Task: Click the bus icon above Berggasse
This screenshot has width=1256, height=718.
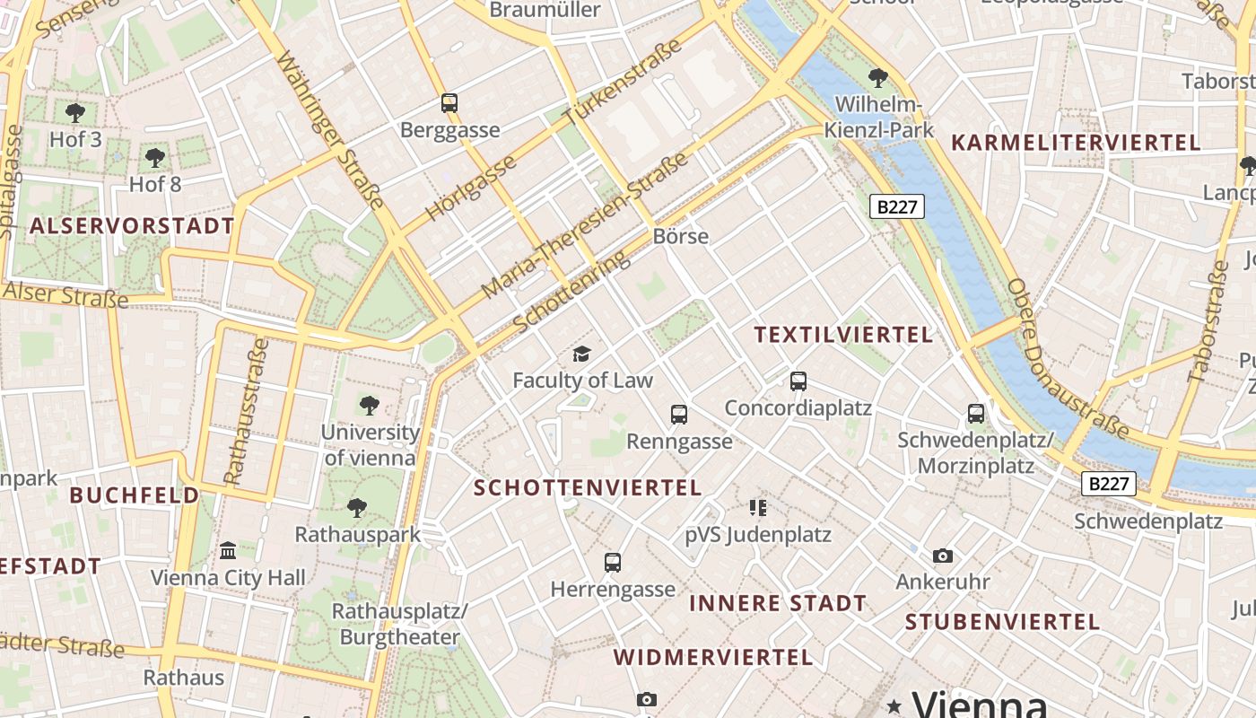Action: (x=449, y=103)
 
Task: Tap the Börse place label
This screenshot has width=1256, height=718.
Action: (x=681, y=236)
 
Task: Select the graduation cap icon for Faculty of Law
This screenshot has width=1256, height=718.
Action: (x=582, y=354)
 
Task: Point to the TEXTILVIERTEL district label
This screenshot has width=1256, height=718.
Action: (x=843, y=335)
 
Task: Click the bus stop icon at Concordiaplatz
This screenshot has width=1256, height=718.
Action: (x=798, y=381)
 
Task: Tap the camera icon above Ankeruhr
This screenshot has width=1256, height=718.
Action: (x=942, y=556)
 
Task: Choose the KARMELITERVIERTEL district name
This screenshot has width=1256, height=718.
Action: (x=1075, y=143)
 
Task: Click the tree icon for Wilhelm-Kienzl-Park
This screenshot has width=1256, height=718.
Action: (x=878, y=78)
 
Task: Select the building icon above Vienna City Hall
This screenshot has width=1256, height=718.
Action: (x=228, y=550)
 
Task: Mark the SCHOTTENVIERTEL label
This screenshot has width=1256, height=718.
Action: (x=588, y=487)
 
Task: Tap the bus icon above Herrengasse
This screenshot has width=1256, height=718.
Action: (x=613, y=563)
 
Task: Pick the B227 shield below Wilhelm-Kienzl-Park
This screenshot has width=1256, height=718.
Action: (x=897, y=207)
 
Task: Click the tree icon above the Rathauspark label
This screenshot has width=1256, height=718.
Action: (x=357, y=508)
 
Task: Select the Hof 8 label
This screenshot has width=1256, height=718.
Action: (x=155, y=184)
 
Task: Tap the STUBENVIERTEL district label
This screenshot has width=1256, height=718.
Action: (x=1002, y=622)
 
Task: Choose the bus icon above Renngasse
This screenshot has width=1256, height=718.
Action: (x=679, y=415)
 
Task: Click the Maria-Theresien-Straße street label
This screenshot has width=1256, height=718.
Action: (x=585, y=225)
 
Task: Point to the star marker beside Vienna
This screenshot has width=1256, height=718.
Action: (x=894, y=705)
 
